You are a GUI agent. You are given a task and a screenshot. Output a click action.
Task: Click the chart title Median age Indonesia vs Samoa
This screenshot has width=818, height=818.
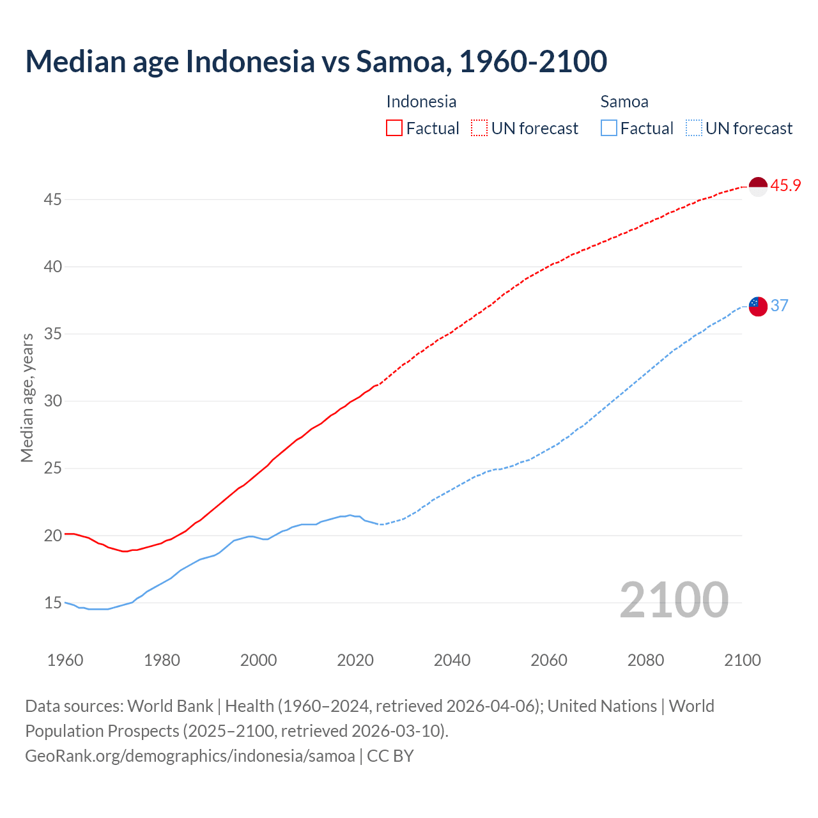point(316,61)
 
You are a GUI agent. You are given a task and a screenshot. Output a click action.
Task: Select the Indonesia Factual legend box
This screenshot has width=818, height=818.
point(394,128)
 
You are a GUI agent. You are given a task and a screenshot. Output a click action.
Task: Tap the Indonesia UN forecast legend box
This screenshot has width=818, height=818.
point(479,128)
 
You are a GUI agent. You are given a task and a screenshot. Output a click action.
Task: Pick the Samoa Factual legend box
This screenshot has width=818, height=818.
point(609,128)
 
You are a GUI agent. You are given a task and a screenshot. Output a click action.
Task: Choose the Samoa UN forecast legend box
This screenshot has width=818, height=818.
point(693,128)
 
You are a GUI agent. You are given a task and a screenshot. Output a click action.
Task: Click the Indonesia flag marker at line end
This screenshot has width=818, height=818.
point(757,187)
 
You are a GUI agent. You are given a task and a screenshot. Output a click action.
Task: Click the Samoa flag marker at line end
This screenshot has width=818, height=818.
point(757,306)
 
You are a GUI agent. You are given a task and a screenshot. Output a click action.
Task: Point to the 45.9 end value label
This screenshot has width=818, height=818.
point(785,186)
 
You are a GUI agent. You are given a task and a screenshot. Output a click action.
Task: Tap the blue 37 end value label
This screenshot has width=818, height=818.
point(779,305)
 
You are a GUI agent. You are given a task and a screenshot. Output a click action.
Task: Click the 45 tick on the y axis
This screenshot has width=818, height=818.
point(52,200)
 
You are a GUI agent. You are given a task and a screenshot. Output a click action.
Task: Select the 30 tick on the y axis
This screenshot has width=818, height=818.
point(52,401)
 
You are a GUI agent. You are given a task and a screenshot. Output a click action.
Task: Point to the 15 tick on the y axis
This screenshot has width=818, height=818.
point(52,603)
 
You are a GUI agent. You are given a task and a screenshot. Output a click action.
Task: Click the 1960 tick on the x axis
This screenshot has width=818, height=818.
point(65,660)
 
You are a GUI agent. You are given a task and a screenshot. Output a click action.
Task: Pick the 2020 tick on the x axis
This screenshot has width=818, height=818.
point(355,660)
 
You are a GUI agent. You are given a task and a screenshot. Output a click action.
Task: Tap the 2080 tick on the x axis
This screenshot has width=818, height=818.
point(645,660)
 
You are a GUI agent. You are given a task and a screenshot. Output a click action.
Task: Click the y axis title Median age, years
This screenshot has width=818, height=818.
point(27,397)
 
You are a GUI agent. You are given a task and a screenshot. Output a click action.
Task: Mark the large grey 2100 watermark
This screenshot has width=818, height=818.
point(674,599)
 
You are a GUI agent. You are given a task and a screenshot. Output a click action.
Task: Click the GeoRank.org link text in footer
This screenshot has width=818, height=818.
point(189,756)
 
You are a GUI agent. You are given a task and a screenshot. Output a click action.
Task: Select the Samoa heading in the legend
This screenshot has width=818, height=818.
point(624,102)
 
